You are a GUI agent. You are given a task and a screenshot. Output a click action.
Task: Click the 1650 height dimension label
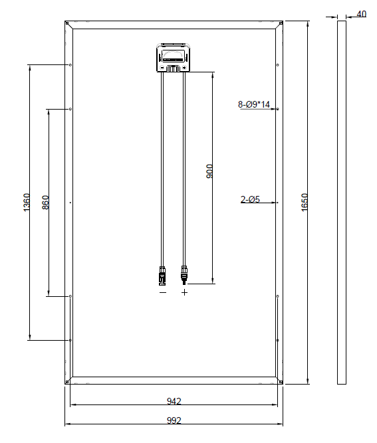(305, 202)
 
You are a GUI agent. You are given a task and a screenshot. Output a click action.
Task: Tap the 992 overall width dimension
(174, 420)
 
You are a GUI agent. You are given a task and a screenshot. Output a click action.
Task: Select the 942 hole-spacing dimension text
(174, 401)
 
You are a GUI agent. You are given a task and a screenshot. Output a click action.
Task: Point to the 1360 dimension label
(27, 203)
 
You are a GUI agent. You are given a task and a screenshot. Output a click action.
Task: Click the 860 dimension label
(45, 203)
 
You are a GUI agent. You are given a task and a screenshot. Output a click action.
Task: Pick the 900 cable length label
(209, 171)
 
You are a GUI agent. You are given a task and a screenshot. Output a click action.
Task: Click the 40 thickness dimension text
(361, 14)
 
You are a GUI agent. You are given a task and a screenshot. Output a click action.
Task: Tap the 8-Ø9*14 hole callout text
(254, 104)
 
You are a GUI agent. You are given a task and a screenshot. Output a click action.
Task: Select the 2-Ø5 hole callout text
(250, 199)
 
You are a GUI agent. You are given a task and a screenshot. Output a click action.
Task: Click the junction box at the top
(174, 57)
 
